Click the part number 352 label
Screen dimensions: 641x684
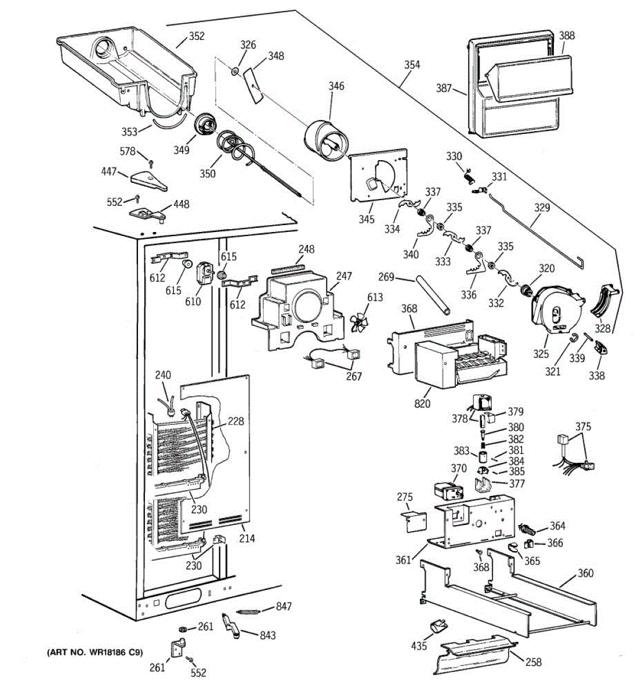pyautogui.click(x=197, y=36)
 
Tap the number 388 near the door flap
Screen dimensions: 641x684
pyautogui.click(x=566, y=35)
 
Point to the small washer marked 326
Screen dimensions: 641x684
pyautogui.click(x=235, y=71)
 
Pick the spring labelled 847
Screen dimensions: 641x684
pyautogui.click(x=248, y=612)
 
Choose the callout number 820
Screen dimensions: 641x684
pyautogui.click(x=422, y=403)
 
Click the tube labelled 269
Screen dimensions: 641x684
pyautogui.click(x=433, y=295)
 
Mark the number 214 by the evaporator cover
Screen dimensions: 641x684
pyautogui.click(x=247, y=538)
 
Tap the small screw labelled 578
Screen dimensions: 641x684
pyautogui.click(x=150, y=162)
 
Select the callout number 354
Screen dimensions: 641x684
pyautogui.click(x=412, y=64)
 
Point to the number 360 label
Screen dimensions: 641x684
pyautogui.click(x=585, y=573)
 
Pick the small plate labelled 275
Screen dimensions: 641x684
pyautogui.click(x=414, y=522)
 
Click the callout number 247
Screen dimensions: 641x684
pyautogui.click(x=344, y=276)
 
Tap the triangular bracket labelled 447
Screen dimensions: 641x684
pyautogui.click(x=149, y=181)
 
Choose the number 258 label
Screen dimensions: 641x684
pyautogui.click(x=533, y=662)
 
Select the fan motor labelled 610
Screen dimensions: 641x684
pyautogui.click(x=203, y=273)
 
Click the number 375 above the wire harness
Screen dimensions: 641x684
pyautogui.click(x=583, y=426)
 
